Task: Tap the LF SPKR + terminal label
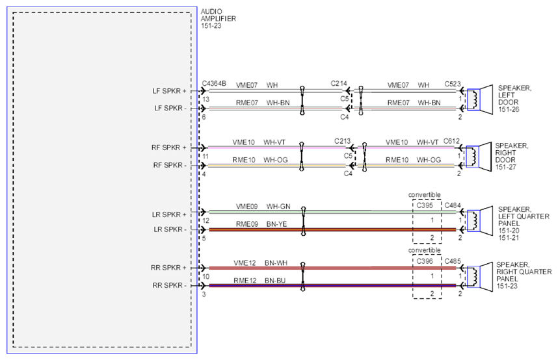[169, 91]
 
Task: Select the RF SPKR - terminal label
[170, 165]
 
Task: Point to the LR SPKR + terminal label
[169, 214]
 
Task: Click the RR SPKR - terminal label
[169, 285]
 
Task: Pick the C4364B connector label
[214, 84]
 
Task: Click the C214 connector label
[339, 84]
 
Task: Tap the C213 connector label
[342, 141]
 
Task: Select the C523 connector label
[453, 84]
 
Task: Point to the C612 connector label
[451, 141]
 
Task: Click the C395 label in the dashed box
[425, 205]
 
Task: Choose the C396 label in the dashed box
[425, 261]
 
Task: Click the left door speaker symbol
[480, 99]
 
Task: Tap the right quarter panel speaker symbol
[480, 277]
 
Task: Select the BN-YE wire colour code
[276, 224]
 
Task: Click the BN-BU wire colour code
[275, 281]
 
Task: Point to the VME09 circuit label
[246, 207]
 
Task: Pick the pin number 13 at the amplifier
[206, 99]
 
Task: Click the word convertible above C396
[424, 250]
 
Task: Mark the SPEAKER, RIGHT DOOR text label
[511, 156]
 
